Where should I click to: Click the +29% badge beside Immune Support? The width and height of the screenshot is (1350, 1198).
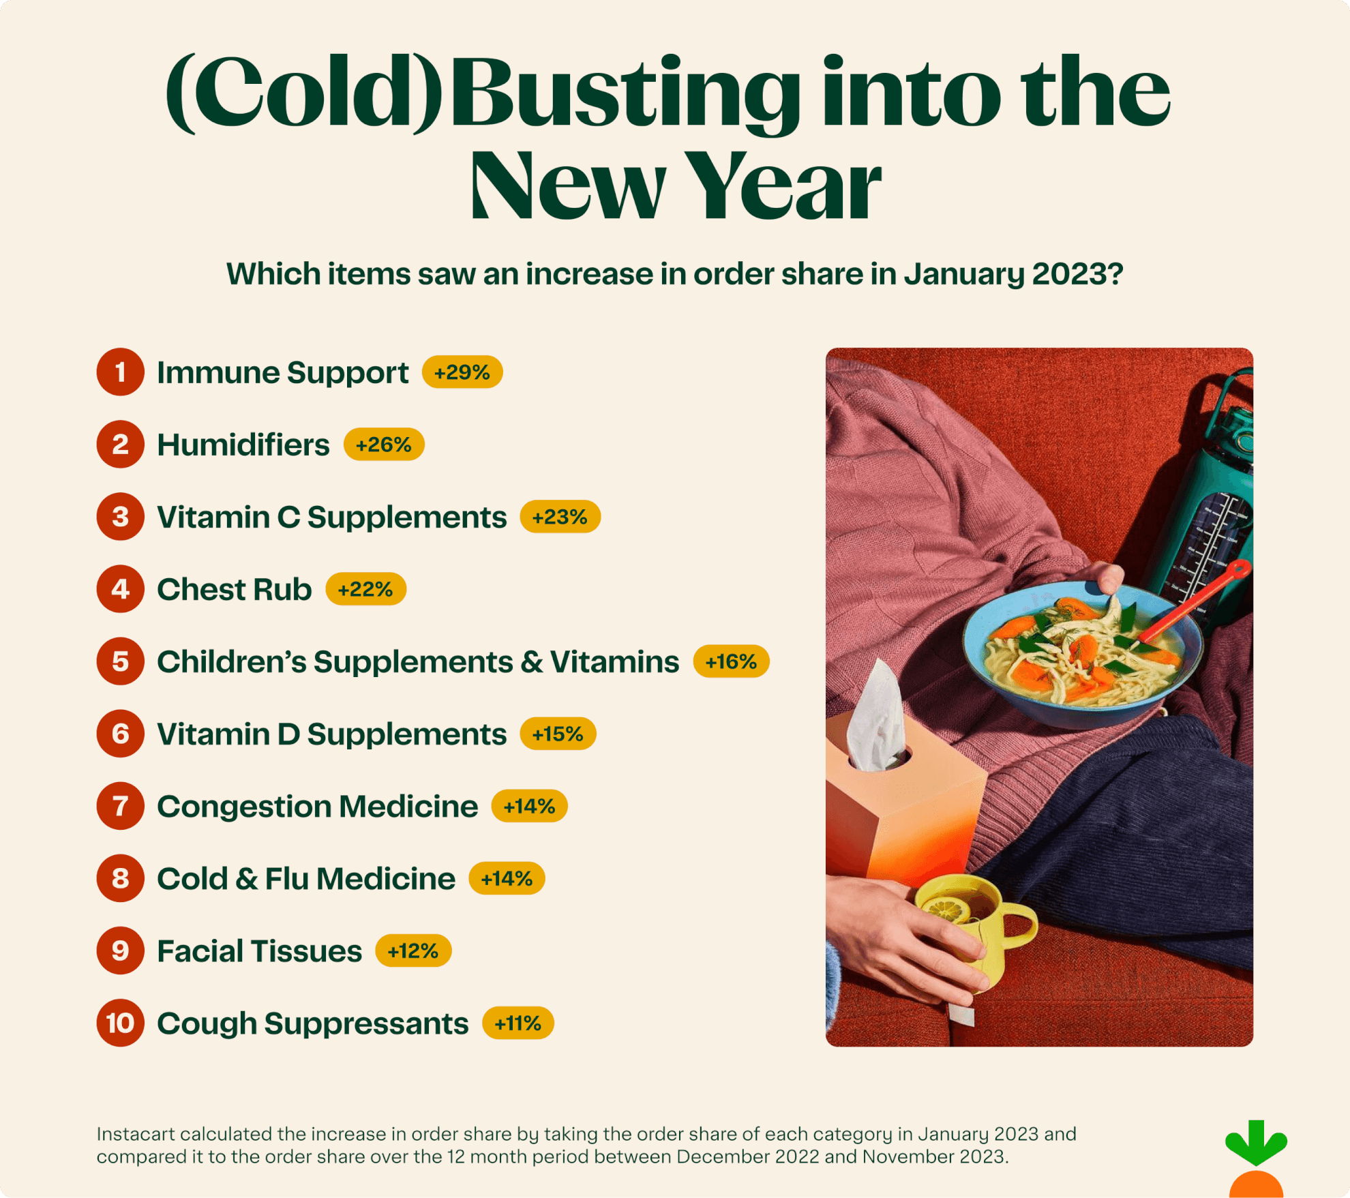coord(462,372)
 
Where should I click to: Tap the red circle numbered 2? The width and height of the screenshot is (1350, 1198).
coord(120,445)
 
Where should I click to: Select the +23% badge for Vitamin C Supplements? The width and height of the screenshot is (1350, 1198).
coord(560,517)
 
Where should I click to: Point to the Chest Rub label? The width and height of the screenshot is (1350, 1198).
coord(234,589)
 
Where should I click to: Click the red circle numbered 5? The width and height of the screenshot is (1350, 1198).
coord(120,661)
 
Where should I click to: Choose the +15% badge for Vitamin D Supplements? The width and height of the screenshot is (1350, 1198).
coord(558,734)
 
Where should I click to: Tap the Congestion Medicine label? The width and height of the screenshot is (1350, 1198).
coord(317,806)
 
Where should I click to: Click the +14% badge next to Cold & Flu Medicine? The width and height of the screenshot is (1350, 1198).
coord(507,878)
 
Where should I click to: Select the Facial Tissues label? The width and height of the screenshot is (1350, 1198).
coord(259,950)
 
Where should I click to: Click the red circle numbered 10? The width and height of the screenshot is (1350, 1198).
coord(120,1023)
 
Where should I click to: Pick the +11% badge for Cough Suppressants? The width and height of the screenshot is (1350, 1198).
coord(517,1023)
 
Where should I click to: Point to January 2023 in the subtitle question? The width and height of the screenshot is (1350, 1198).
coord(1012,274)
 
